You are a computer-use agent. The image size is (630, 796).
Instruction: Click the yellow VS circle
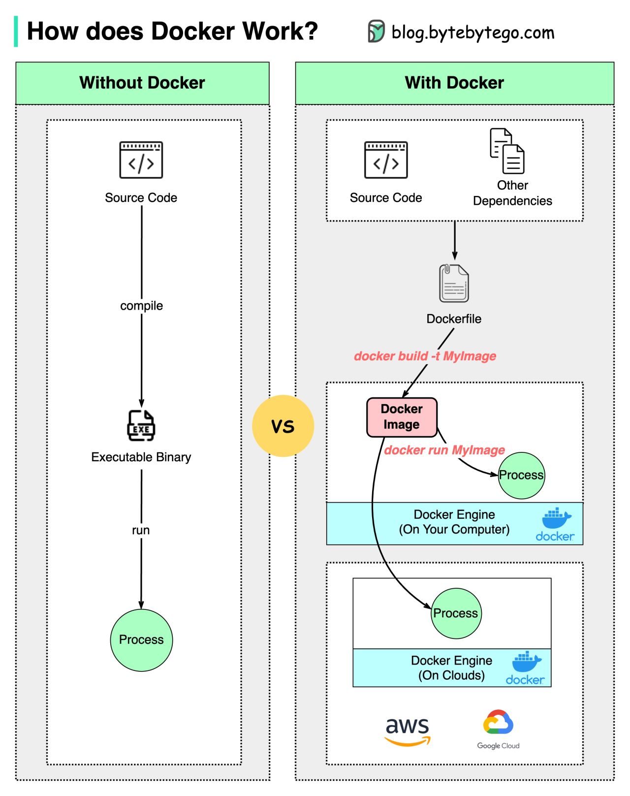tap(283, 426)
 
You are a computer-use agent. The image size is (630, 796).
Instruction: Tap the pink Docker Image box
tap(402, 417)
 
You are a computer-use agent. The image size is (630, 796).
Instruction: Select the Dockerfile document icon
tap(454, 283)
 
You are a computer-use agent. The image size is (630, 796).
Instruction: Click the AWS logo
tap(408, 731)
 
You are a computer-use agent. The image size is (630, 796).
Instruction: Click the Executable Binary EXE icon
tap(141, 426)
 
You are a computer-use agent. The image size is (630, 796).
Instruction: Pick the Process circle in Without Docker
tap(141, 640)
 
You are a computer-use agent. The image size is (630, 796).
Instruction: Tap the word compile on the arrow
tap(141, 306)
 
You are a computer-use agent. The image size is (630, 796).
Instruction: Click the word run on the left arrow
tap(141, 530)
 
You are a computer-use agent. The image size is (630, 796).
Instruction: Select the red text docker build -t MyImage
tap(425, 356)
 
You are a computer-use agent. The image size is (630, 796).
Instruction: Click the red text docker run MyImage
tap(444, 450)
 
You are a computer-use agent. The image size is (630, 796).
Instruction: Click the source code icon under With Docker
tap(386, 160)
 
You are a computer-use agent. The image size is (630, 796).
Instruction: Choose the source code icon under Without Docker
tap(141, 160)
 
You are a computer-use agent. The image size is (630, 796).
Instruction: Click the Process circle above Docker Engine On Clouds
tap(456, 613)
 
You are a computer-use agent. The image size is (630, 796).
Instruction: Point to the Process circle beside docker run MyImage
tap(521, 475)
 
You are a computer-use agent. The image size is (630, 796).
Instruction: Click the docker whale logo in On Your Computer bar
tap(556, 524)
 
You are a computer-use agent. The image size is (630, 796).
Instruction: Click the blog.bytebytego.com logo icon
tap(377, 32)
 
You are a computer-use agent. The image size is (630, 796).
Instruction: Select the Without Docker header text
tap(142, 83)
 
